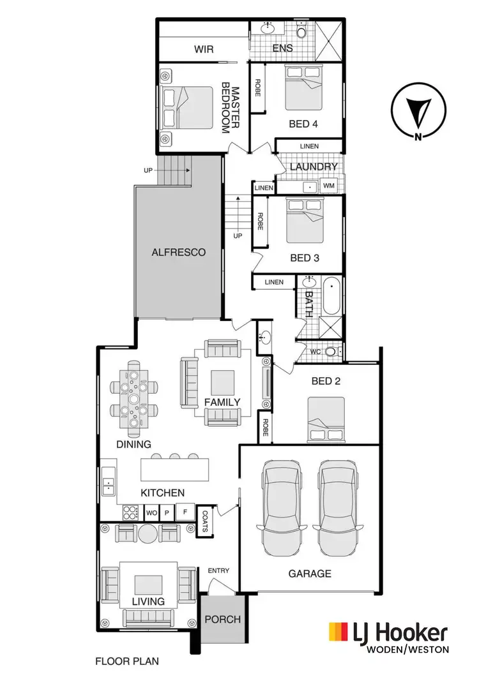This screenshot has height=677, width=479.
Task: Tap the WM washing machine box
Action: pyautogui.click(x=329, y=186)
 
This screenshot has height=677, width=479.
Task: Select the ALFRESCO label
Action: pyautogui.click(x=179, y=252)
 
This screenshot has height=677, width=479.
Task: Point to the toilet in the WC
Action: pyautogui.click(x=331, y=351)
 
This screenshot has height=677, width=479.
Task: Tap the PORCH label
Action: pyautogui.click(x=223, y=619)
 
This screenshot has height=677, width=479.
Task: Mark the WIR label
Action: pyautogui.click(x=203, y=48)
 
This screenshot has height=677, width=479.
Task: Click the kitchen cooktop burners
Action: pyautogui.click(x=130, y=512)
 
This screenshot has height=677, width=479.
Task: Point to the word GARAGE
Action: pyautogui.click(x=310, y=574)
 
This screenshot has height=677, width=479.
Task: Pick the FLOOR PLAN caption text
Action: pyautogui.click(x=126, y=662)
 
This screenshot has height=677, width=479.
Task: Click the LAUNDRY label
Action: pyautogui.click(x=313, y=167)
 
